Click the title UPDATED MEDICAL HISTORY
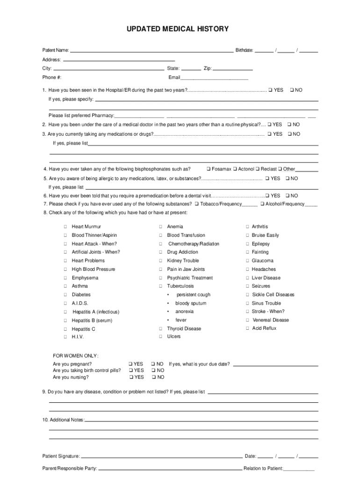tap(178, 29)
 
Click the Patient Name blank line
tap(151, 50)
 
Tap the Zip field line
tap(232, 68)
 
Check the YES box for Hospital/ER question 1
tap(270, 90)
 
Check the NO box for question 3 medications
tap(289, 134)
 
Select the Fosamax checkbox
tap(209, 169)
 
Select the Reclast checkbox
tap(258, 169)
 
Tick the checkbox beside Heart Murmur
tap(65, 227)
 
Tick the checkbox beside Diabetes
tap(65, 295)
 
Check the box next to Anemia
tap(160, 227)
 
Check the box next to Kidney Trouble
tap(160, 261)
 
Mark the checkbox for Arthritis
tap(248, 227)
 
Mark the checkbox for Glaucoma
tap(248, 261)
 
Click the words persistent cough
tap(193, 295)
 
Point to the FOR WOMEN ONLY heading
tap(76, 356)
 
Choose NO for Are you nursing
tap(153, 377)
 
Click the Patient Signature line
tap(161, 456)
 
